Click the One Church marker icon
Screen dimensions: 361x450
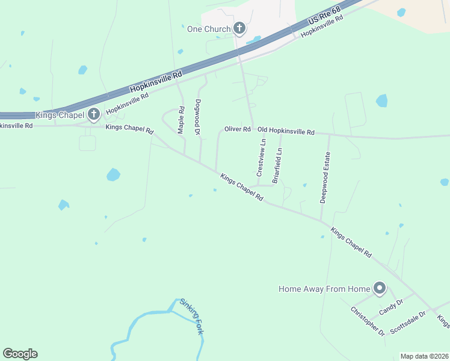tap(239, 28)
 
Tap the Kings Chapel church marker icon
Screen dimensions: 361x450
tap(93, 114)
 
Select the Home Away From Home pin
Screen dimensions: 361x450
tap(380, 289)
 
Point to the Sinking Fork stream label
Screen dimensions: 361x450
tap(191, 318)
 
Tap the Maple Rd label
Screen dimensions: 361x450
tap(181, 120)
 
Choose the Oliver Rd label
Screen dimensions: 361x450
tap(237, 129)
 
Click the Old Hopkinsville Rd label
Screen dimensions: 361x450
tap(286, 131)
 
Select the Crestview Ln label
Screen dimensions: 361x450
tap(260, 157)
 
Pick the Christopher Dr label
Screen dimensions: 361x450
tap(368, 321)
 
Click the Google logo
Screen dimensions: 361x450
tap(20, 354)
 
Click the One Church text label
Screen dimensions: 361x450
tap(209, 29)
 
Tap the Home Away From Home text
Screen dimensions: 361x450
tap(324, 289)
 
